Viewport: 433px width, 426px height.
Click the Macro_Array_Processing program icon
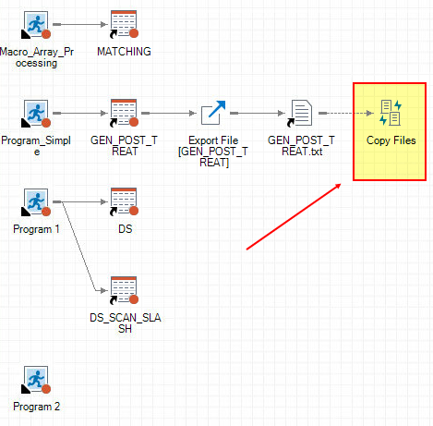36,25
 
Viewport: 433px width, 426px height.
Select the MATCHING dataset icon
124,25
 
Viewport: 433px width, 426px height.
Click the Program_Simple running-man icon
36,114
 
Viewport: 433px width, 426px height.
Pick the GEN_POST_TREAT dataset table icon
124,114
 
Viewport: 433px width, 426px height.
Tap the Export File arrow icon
213,114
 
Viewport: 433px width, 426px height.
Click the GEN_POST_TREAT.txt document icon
301,114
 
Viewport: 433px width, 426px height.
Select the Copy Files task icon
390,113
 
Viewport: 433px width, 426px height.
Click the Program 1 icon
36,201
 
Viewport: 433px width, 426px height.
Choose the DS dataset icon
124,201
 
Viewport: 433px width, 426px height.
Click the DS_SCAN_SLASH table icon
124,290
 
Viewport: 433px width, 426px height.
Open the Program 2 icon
36,379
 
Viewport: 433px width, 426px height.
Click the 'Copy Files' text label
390,140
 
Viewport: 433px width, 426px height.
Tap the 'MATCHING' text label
124,52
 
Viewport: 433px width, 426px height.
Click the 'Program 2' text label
36,406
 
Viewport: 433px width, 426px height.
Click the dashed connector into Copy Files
346,114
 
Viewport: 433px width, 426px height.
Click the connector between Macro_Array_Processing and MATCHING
78,25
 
